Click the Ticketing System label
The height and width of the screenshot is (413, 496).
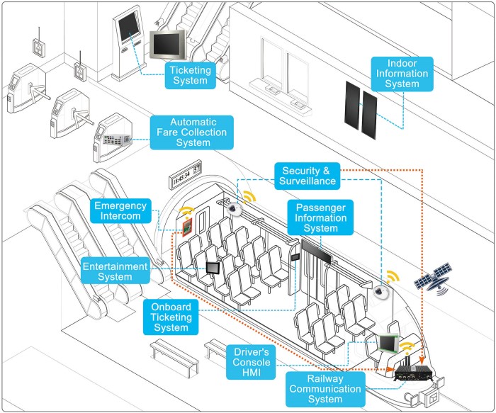(191, 74)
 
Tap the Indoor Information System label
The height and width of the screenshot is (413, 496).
(401, 74)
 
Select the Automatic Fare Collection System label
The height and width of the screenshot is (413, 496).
(192, 132)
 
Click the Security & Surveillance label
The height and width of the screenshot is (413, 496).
(307, 176)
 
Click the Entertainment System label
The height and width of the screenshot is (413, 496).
(115, 272)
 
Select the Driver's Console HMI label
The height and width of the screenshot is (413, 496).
(253, 362)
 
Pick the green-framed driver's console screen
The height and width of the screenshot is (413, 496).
(388, 342)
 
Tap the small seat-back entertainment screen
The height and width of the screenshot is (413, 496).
(213, 267)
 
